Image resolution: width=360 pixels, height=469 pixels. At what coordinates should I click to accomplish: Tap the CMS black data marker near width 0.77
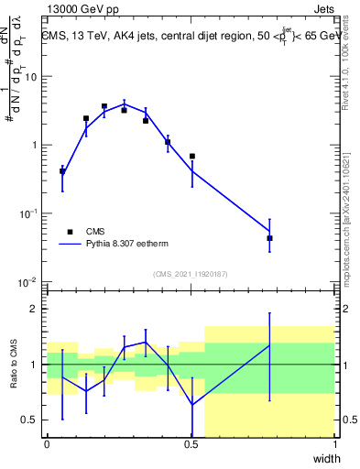click(269, 238)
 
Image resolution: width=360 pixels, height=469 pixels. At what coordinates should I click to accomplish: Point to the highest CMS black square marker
click(104, 106)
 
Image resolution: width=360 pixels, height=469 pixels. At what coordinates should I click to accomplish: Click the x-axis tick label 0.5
click(191, 444)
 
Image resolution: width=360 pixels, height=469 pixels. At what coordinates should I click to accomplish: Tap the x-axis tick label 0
click(47, 444)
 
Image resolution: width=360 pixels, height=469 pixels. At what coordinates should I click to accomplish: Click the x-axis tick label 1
click(335, 444)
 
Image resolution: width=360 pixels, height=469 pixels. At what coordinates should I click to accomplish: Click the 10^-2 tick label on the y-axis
click(28, 280)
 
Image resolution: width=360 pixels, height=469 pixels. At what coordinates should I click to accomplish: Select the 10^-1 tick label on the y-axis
click(28, 213)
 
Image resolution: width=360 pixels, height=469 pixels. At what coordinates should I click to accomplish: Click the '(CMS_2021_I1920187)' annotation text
click(191, 274)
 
